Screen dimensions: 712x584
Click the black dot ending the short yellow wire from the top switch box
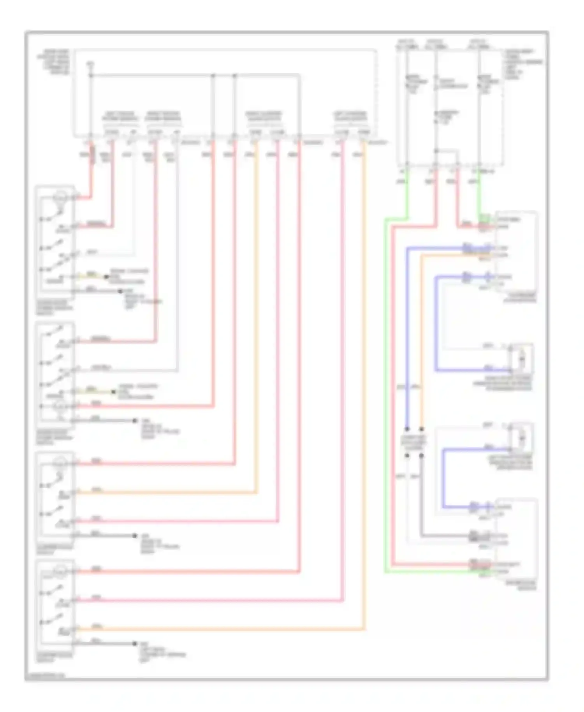(106, 277)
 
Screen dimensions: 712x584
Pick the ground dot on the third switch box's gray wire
(135, 536)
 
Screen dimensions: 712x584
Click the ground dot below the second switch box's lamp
(135, 421)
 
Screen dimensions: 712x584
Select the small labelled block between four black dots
(414, 442)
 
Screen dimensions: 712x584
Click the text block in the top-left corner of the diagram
(54, 62)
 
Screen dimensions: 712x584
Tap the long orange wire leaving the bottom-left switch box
(218, 629)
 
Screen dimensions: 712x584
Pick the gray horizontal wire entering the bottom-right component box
(448, 536)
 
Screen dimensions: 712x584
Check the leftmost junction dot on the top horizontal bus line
(91, 75)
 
